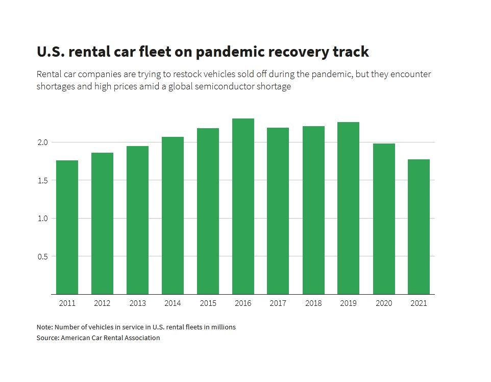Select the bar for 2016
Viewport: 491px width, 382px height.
(x=243, y=206)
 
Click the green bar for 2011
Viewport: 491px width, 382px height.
(x=67, y=227)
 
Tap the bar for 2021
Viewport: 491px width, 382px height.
(x=419, y=227)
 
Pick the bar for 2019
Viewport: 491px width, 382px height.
(x=349, y=208)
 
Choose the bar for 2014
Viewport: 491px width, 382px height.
(x=173, y=216)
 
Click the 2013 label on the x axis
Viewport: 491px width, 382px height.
(x=137, y=303)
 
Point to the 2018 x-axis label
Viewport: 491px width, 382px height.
(x=313, y=303)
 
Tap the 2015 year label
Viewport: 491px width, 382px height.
(x=208, y=303)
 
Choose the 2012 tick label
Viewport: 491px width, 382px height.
(x=102, y=303)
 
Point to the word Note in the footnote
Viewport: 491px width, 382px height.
(x=44, y=327)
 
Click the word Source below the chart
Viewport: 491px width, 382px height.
(x=47, y=338)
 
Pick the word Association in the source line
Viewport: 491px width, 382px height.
(x=141, y=338)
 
